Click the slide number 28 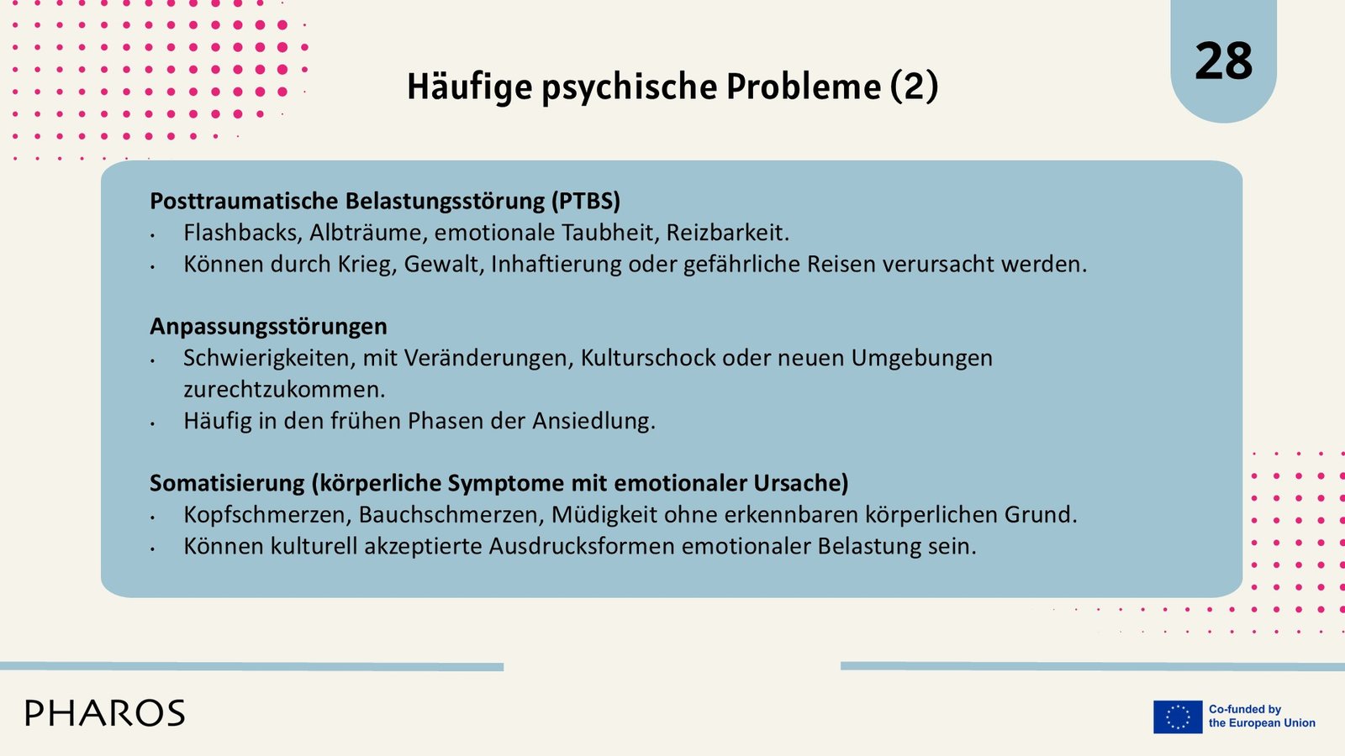pos(1224,60)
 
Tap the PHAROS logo pos(105,713)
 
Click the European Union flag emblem pos(1178,717)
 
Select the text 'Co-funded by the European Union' pos(1262,717)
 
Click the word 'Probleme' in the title pos(804,86)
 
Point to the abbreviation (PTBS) pos(585,201)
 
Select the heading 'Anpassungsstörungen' pos(268,327)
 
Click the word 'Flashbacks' pos(243,233)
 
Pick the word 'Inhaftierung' pos(556,265)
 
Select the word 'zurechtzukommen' pos(282,390)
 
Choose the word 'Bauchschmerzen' pos(451,515)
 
